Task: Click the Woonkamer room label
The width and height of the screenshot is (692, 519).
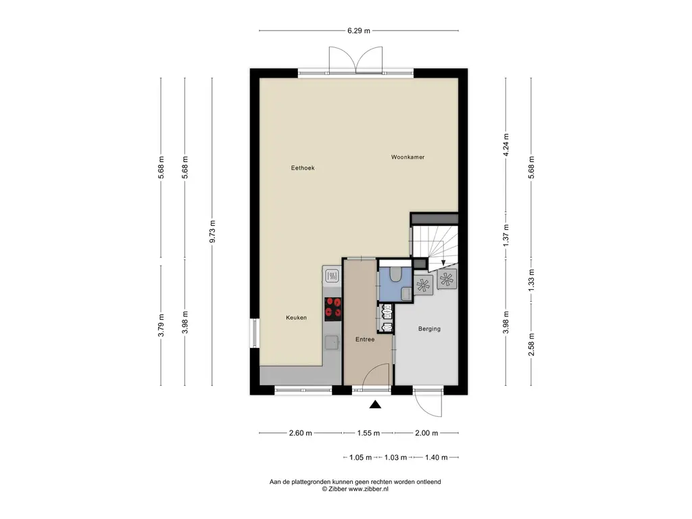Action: point(407,157)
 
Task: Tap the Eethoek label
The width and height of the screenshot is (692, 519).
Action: point(303,168)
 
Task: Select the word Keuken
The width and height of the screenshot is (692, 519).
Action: point(296,318)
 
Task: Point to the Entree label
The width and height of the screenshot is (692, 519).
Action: point(365,340)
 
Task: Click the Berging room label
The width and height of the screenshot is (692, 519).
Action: point(429,329)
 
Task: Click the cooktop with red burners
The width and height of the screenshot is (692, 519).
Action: point(332,307)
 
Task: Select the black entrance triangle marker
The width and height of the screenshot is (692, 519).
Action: point(375,405)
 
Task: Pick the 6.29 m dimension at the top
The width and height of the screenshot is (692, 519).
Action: point(359,30)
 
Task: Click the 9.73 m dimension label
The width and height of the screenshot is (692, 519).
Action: point(212,231)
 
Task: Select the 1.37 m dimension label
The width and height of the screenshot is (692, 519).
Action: point(505,234)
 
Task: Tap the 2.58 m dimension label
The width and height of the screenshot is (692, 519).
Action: point(532,345)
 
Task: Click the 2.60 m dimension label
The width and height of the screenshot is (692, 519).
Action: point(301,433)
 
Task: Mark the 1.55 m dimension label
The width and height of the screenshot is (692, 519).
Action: point(368,433)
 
